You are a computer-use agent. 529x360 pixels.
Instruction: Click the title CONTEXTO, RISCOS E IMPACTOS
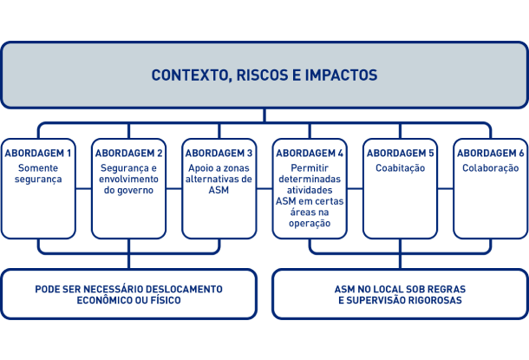point(264,75)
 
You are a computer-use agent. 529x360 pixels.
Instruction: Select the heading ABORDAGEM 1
point(38,154)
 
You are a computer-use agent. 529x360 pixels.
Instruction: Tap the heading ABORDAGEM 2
point(128,154)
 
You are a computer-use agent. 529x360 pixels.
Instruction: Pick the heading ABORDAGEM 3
point(219,154)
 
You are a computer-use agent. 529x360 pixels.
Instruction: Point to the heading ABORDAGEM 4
point(310,154)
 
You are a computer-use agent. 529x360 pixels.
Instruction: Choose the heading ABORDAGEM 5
point(400,154)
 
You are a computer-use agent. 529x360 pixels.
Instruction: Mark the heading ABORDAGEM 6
point(491,154)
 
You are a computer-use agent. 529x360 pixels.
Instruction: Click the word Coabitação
point(400,168)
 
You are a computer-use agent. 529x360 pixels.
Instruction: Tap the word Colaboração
point(491,168)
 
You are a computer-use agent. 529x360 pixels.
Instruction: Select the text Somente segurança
point(38,173)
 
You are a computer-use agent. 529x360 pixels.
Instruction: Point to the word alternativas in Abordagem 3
point(212,179)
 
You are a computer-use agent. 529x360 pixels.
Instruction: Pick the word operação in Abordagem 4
point(310,224)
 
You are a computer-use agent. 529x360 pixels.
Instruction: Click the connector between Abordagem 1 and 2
point(83,188)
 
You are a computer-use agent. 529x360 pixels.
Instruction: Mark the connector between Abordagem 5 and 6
point(446,188)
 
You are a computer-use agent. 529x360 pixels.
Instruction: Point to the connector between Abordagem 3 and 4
point(264,188)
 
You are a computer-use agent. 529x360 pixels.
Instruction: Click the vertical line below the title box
point(264,115)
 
